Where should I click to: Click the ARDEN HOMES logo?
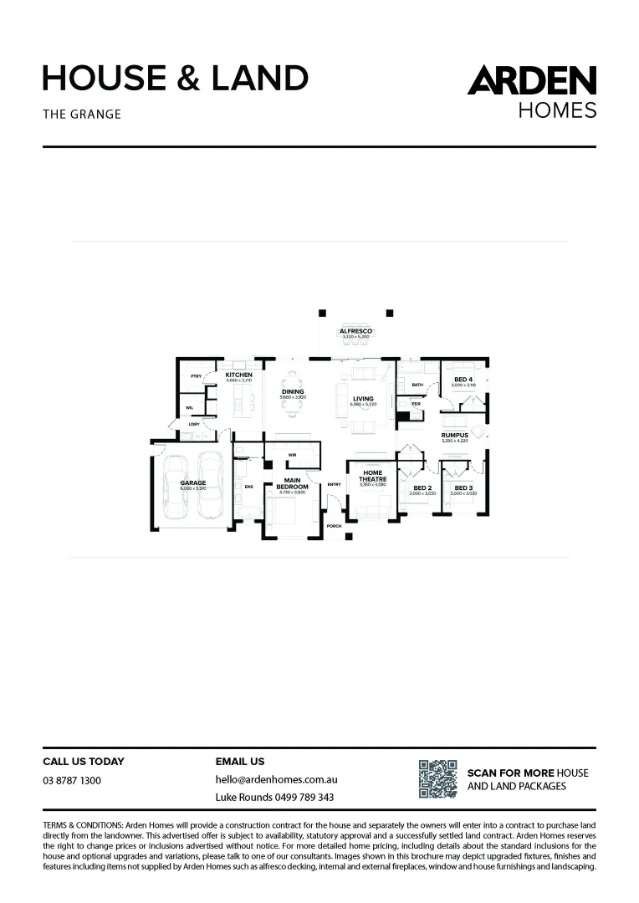click(531, 91)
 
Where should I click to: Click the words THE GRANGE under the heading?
click(82, 114)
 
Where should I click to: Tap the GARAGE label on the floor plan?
click(192, 482)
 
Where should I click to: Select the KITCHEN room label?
click(239, 375)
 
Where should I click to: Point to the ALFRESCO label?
click(355, 332)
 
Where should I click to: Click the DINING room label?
click(293, 391)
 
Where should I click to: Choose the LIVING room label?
click(363, 399)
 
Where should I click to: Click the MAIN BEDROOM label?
click(293, 483)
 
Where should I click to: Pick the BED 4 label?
click(463, 380)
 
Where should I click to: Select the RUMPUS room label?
click(455, 435)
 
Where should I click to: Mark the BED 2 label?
click(422, 487)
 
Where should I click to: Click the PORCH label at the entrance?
click(335, 527)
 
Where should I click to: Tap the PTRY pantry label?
click(197, 376)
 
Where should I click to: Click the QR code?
click(437, 778)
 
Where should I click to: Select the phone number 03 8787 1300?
click(72, 780)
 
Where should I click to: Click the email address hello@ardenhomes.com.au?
click(276, 779)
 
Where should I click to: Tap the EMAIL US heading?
click(240, 762)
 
